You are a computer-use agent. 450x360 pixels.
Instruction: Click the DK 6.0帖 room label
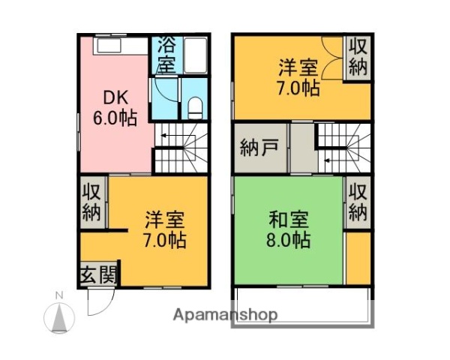tap(114, 106)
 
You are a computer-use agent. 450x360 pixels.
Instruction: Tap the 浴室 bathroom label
tap(166, 54)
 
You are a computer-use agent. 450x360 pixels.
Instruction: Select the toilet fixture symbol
tap(195, 107)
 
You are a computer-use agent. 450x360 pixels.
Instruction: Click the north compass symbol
tap(58, 314)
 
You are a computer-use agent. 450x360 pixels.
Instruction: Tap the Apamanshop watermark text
tap(226, 314)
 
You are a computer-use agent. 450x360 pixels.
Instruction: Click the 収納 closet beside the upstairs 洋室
tap(358, 57)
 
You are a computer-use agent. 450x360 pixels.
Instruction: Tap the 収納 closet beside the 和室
tap(358, 201)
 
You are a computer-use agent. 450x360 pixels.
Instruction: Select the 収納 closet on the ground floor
tap(91, 201)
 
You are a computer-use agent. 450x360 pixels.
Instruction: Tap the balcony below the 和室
tap(300, 304)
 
